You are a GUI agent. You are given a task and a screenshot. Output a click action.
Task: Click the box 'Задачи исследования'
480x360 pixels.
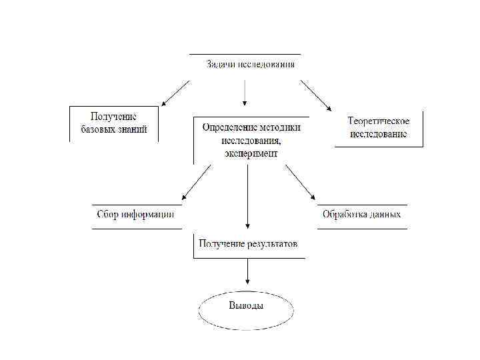(x=250, y=65)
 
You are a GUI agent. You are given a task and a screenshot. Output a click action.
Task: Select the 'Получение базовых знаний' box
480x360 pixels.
(x=114, y=123)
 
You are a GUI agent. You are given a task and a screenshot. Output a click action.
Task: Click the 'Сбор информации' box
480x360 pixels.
(x=136, y=215)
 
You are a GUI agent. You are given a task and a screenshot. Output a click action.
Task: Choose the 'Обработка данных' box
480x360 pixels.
(x=362, y=215)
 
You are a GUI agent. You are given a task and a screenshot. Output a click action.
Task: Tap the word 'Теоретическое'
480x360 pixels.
(x=378, y=121)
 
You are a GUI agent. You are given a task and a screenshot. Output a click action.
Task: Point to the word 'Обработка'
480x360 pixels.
(x=344, y=215)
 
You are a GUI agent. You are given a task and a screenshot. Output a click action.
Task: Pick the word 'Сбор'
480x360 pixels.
(x=108, y=215)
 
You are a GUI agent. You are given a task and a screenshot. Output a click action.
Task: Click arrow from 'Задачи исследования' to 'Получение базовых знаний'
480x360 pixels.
(x=175, y=93)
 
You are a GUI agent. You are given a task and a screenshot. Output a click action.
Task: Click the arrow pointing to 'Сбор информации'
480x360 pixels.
(x=197, y=182)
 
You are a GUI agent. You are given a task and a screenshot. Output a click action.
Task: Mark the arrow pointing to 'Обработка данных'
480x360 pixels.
(x=300, y=182)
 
